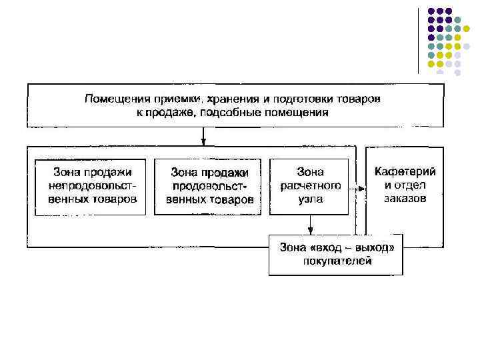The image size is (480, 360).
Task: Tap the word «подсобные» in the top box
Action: tap(235, 112)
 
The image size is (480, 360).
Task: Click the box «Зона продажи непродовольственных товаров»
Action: tap(89, 186)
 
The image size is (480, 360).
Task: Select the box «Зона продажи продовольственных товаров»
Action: tap(208, 187)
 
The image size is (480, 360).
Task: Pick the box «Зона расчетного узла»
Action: tap(309, 186)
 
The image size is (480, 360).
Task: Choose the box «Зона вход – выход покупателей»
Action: tap(335, 254)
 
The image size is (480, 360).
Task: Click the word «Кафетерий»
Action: tap(405, 172)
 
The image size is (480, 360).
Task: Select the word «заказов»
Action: tap(405, 198)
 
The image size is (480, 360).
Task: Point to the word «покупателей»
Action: tap(335, 261)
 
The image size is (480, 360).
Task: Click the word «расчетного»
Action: tap(309, 186)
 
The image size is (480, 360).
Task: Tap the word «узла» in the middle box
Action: tap(309, 199)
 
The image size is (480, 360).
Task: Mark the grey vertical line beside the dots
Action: tap(419, 40)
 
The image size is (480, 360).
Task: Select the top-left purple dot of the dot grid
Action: tap(431, 11)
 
